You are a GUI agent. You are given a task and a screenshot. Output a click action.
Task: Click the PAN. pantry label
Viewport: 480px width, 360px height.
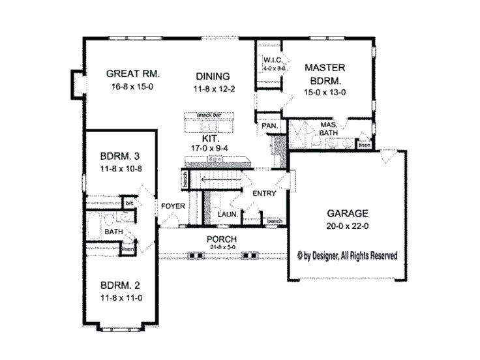[x=269, y=125]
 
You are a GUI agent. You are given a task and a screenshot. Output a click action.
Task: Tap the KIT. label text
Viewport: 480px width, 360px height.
[x=209, y=140]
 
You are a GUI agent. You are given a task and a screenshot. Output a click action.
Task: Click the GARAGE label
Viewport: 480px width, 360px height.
[x=346, y=213]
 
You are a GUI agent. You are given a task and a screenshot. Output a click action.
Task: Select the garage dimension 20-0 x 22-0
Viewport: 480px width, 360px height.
[x=346, y=226]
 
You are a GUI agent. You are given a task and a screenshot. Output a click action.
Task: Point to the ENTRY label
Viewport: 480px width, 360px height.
[x=264, y=193]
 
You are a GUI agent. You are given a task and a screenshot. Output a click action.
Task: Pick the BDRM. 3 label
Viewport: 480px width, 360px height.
[x=121, y=157]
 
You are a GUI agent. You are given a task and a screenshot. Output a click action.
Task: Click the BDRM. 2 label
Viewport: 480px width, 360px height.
[x=121, y=285]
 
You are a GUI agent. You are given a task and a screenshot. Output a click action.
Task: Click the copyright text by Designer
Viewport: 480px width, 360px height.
[x=347, y=255]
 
